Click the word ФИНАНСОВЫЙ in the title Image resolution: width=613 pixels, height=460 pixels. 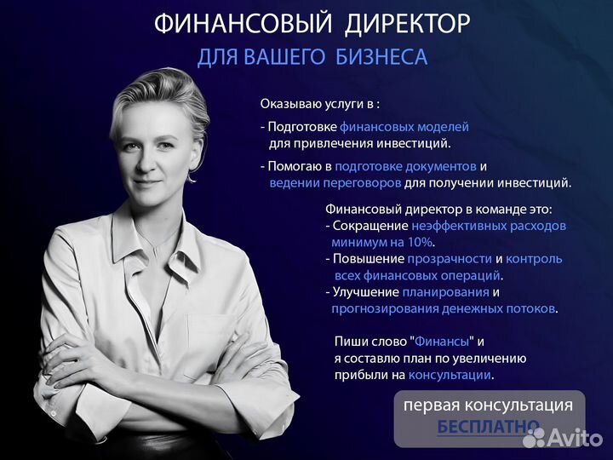click(243, 24)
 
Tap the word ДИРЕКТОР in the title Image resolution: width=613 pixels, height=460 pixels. click(407, 25)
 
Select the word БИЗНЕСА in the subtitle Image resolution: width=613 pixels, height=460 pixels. click(381, 57)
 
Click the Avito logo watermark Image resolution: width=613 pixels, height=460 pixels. click(563, 437)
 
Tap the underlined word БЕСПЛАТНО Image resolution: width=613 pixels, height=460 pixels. click(489, 426)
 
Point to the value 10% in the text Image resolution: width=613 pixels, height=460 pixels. click(420, 243)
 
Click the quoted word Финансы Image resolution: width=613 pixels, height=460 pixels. click(442, 342)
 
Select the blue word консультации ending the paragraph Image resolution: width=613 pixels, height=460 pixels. click(450, 375)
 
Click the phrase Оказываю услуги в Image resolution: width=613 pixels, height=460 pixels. click(317, 105)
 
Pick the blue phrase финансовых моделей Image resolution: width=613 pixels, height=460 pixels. click(404, 127)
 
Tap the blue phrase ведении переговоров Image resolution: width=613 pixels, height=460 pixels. click(335, 183)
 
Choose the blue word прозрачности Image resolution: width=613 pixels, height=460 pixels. click(450, 259)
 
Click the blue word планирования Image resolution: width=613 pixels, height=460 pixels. click(445, 292)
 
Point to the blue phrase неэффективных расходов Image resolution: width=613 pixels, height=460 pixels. click(489, 226)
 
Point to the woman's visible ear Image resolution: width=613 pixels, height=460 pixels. click(197, 157)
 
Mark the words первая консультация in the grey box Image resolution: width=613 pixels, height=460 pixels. click(488, 405)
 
